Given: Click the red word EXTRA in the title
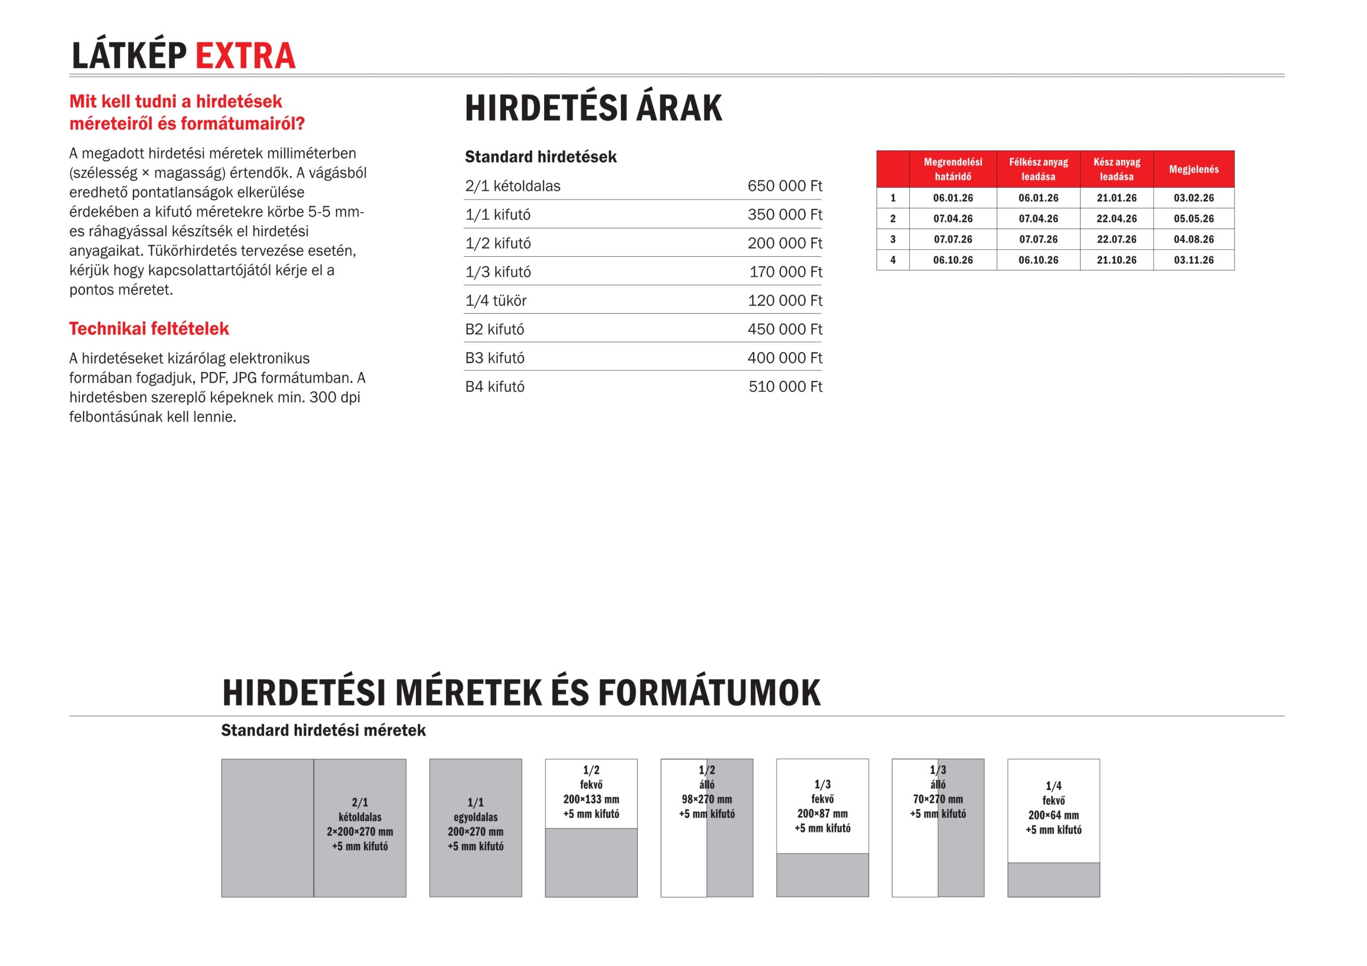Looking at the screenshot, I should [x=245, y=56].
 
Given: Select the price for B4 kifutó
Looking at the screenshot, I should [x=785, y=386].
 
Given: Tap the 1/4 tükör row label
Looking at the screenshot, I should [x=496, y=300].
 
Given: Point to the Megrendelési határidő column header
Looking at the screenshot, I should [x=953, y=169].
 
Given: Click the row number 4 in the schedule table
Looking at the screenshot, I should [x=892, y=260].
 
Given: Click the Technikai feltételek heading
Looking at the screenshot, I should [x=149, y=329].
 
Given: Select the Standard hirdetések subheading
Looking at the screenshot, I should [x=540, y=156].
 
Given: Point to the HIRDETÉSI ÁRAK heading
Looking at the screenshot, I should [x=593, y=108].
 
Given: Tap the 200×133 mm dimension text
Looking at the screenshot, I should [x=591, y=799].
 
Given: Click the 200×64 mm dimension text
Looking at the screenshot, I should [x=1052, y=815].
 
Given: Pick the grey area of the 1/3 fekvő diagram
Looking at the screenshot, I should [x=822, y=874].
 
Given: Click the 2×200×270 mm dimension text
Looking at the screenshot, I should [x=359, y=832].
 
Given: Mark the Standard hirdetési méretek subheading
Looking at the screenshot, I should [x=323, y=730].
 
